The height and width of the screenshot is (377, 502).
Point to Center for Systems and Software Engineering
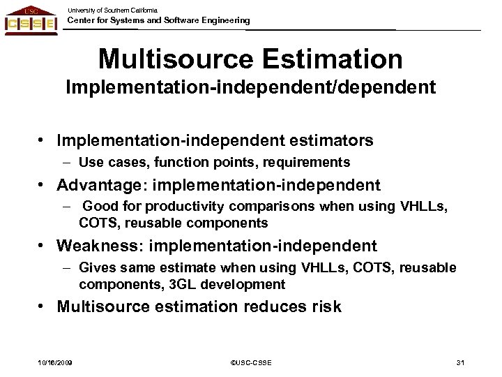tap(158, 21)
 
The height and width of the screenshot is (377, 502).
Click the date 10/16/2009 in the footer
tap(55, 362)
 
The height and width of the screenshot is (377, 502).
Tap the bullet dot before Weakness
tap(43, 246)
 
